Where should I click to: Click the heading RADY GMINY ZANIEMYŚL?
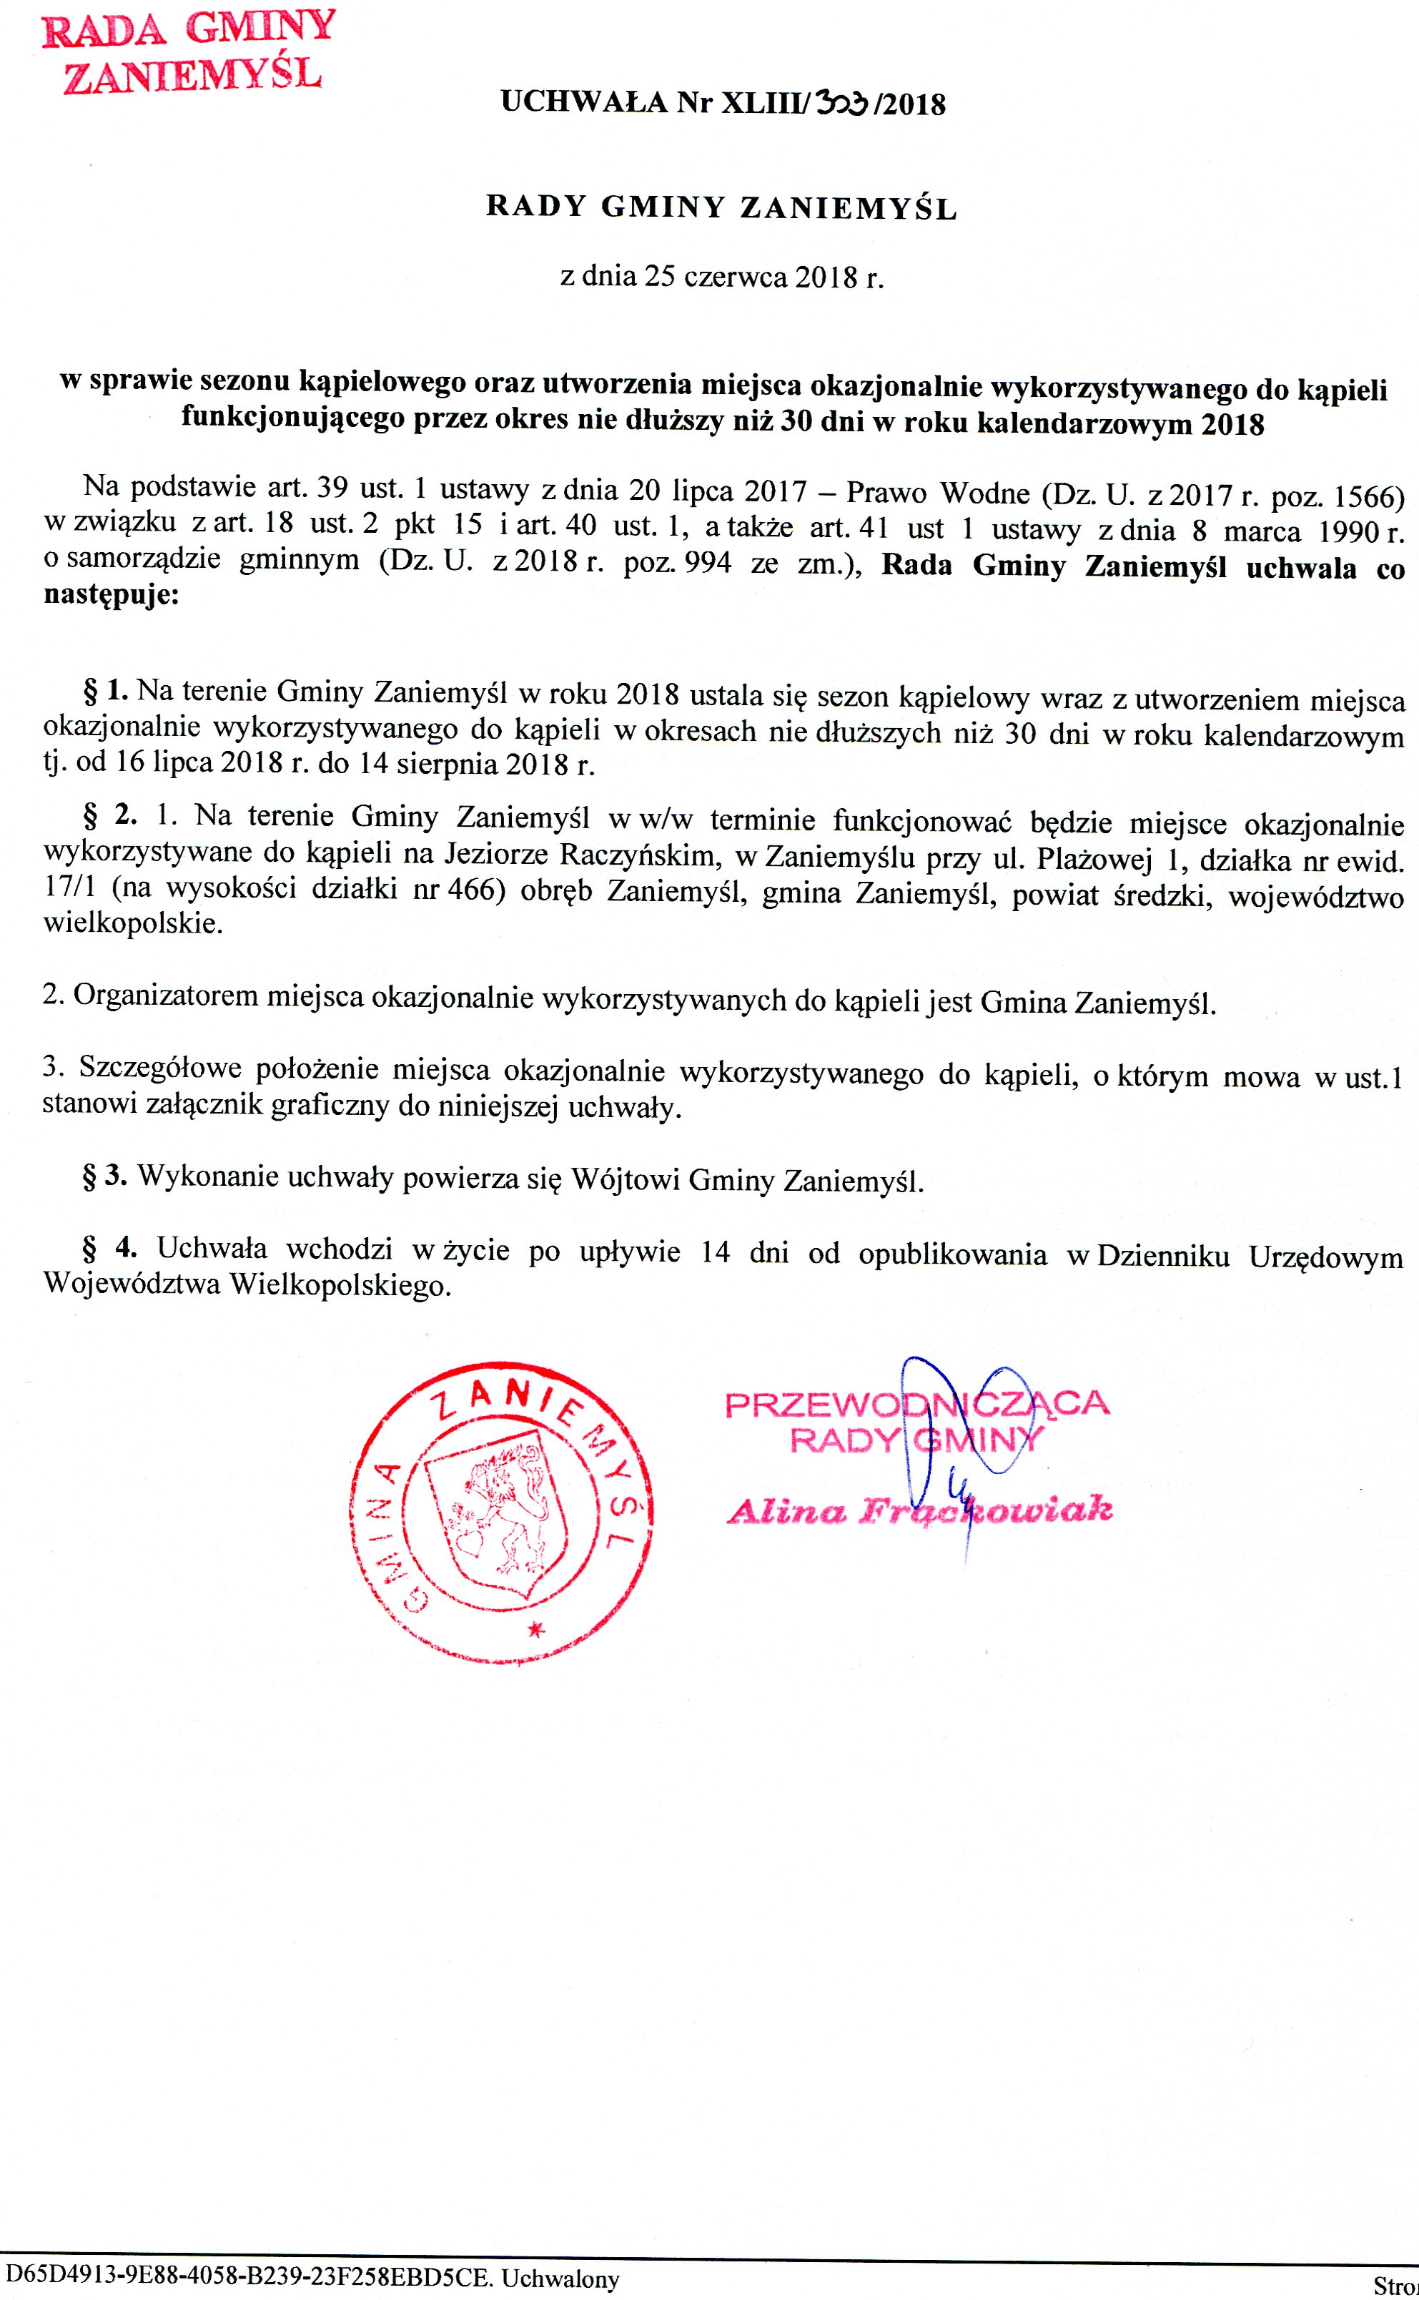point(721,207)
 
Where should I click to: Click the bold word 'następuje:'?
point(111,596)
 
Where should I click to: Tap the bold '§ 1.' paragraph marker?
point(106,694)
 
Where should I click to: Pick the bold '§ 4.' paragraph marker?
point(111,1249)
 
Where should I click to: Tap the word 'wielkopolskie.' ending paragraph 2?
point(133,924)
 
